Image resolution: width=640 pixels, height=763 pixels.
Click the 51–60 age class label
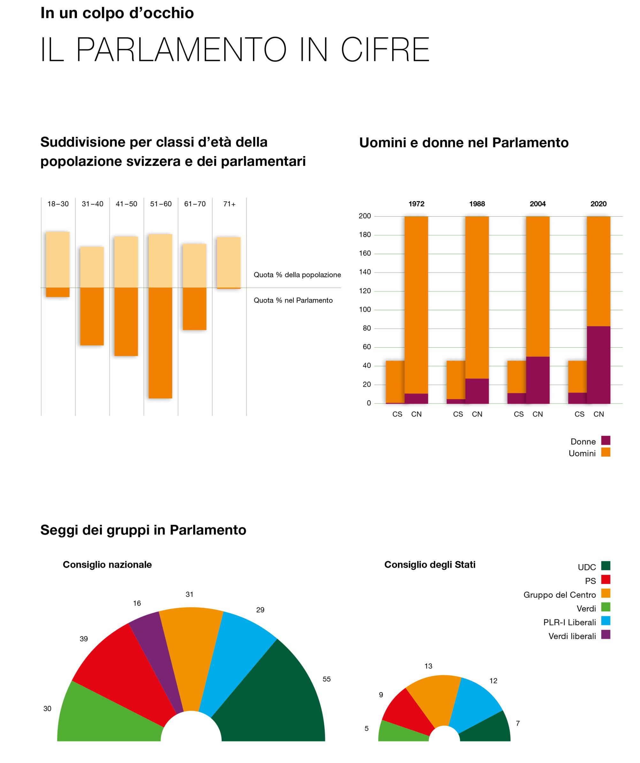(161, 204)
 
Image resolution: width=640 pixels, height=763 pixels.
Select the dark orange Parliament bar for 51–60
(160, 343)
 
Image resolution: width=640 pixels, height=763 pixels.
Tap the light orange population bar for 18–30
(58, 259)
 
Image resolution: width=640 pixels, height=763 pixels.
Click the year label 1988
(477, 204)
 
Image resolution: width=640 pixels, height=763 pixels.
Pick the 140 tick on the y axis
(365, 272)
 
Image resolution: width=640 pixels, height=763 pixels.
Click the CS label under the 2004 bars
(519, 414)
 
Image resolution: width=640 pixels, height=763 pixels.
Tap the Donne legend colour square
(606, 441)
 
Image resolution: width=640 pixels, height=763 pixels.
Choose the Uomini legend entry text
(582, 453)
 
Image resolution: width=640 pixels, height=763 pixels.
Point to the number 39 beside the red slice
(84, 639)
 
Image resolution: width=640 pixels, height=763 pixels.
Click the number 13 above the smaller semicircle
(428, 666)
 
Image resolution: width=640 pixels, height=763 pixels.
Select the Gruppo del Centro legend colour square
(606, 593)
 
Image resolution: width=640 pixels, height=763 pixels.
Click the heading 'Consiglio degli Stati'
(430, 565)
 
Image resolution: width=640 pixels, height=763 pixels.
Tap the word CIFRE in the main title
(385, 50)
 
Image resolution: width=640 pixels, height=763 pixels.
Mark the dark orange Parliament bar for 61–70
(194, 309)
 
